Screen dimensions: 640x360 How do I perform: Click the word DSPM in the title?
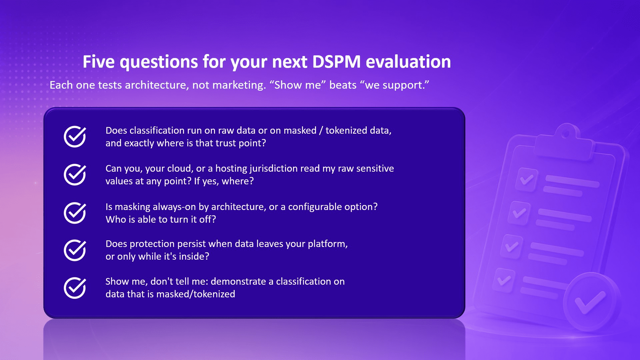pyautogui.click(x=336, y=62)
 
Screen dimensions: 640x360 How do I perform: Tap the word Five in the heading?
pyautogui.click(x=99, y=62)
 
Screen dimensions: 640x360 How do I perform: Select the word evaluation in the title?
pyautogui.click(x=408, y=62)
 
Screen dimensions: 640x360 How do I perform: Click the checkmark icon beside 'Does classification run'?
pyautogui.click(x=75, y=136)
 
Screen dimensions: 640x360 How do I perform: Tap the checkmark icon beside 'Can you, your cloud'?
pyautogui.click(x=75, y=174)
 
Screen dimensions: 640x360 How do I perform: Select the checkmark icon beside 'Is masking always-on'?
pyautogui.click(x=75, y=213)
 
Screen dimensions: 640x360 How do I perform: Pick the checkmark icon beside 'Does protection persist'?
pyautogui.click(x=75, y=250)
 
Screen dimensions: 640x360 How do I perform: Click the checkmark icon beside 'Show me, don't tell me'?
pyautogui.click(x=75, y=288)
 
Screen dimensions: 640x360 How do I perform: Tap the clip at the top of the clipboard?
pyautogui.click(x=565, y=142)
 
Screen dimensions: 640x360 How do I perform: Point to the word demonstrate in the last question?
pyautogui.click(x=238, y=282)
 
